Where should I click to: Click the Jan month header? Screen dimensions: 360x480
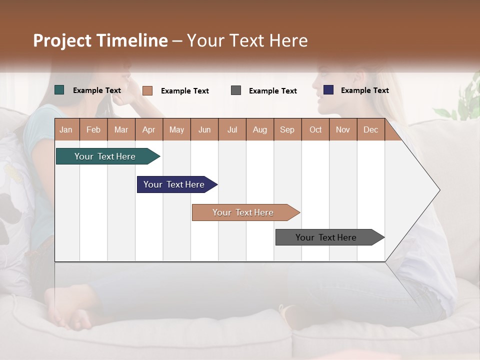[66, 129]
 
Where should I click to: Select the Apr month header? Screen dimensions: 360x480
[149, 129]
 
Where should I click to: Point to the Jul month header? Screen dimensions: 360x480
[232, 129]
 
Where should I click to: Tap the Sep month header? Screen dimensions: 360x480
[287, 129]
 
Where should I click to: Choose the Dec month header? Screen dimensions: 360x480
[370, 129]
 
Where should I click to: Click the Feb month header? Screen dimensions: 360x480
[93, 129]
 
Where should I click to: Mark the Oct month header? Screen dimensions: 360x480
[315, 129]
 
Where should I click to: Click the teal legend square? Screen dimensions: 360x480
[59, 90]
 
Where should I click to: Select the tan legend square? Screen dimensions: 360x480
[147, 90]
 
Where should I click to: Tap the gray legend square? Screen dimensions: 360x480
[236, 90]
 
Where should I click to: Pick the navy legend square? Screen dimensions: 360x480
[328, 90]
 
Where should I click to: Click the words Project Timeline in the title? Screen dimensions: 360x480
[100, 40]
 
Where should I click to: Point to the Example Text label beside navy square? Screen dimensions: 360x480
[364, 90]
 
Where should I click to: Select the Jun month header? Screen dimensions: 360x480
[204, 129]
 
